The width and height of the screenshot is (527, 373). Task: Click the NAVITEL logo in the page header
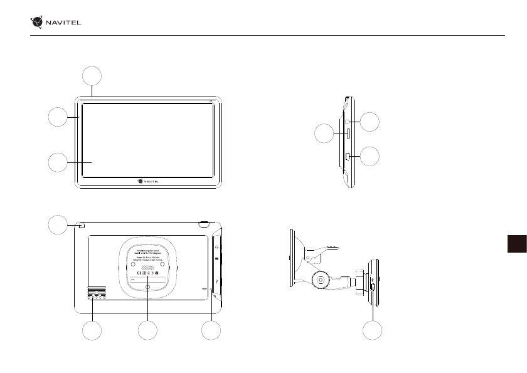click(x=56, y=23)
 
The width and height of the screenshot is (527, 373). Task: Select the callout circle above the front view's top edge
click(x=92, y=76)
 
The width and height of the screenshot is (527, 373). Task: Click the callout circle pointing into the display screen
click(x=58, y=162)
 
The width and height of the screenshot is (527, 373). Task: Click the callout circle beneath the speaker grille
click(x=93, y=331)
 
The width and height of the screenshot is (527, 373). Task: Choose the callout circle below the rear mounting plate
click(x=147, y=331)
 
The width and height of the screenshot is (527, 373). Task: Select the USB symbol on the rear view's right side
click(x=216, y=281)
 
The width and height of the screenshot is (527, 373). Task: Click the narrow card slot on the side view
click(x=347, y=133)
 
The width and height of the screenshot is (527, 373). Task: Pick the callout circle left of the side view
click(x=323, y=133)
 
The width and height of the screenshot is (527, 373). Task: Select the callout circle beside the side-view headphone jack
click(x=371, y=122)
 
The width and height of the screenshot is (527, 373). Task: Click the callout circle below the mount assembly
click(x=373, y=331)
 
